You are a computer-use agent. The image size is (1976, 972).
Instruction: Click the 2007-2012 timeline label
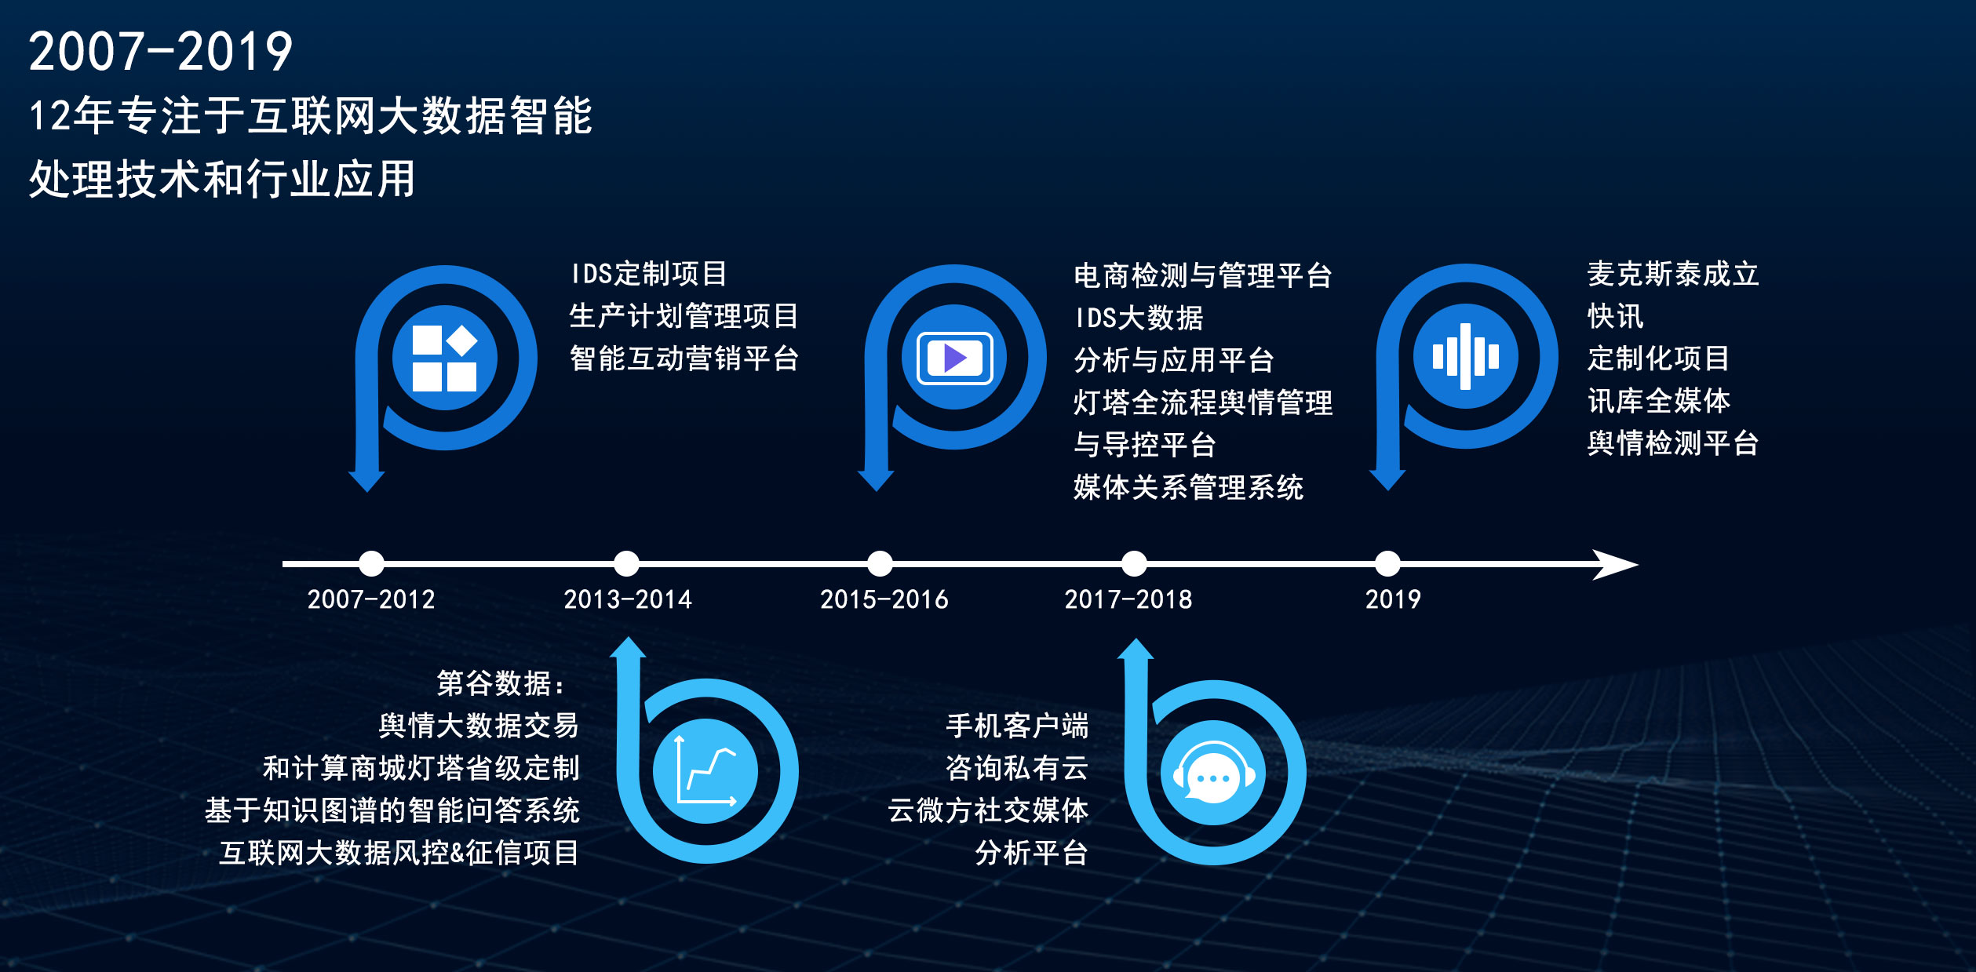coord(371,599)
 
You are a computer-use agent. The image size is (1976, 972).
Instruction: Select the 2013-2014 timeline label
coord(628,599)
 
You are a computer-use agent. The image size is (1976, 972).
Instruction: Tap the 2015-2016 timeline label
coord(884,599)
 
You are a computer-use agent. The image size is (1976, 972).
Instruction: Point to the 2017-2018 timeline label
coord(1128,599)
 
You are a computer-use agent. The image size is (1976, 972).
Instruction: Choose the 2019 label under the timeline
coord(1393,599)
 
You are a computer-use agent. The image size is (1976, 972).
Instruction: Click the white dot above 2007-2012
coord(371,563)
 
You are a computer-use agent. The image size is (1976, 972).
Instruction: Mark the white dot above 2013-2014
coord(626,563)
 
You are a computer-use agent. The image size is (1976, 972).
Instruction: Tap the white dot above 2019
coord(1387,563)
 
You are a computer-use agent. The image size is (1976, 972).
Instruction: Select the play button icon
coord(955,358)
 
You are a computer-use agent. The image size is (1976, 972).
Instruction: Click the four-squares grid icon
coord(445,358)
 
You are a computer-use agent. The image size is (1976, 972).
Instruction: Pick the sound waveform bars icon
coord(1466,356)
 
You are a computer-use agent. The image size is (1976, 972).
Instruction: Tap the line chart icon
coord(705,770)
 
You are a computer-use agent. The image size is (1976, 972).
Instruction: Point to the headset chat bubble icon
coord(1213,773)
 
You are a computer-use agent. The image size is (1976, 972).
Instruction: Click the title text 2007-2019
coord(161,52)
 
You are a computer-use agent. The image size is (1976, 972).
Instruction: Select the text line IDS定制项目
coord(648,274)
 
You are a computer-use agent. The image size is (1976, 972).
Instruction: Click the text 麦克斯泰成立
coord(1673,274)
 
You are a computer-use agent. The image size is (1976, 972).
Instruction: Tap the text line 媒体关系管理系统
coord(1189,487)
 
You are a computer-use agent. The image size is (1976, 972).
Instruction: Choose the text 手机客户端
coord(1017,726)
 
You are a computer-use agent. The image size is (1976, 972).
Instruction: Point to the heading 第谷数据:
coord(501,683)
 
